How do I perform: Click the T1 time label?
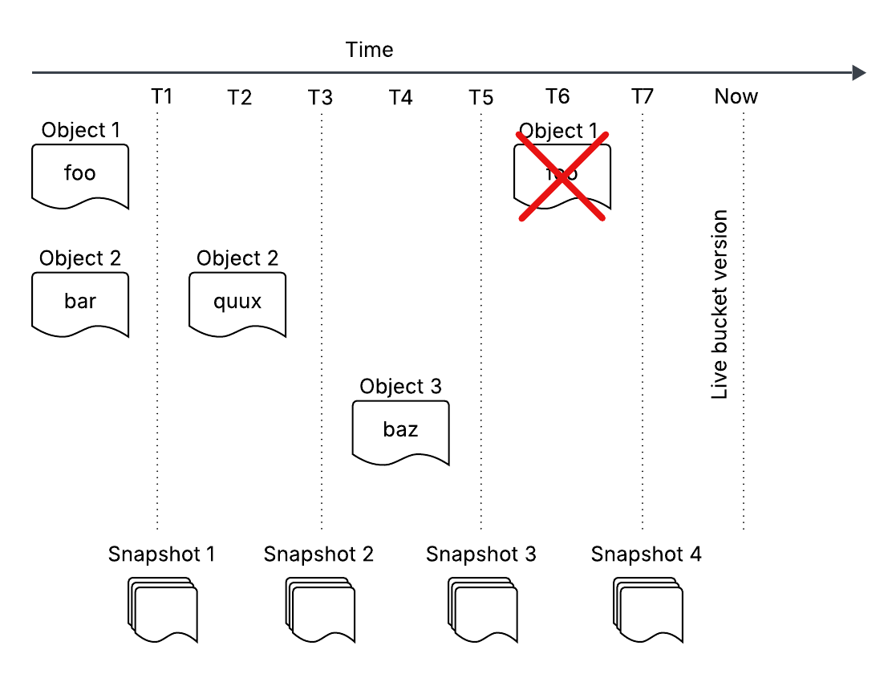[162, 97]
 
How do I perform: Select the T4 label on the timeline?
[400, 98]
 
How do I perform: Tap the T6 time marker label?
[557, 97]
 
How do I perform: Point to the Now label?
[736, 97]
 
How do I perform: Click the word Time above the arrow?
[369, 50]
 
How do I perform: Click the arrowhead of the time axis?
[859, 73]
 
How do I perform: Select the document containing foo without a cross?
[80, 176]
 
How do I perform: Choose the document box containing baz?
[400, 432]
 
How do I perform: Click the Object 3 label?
[400, 387]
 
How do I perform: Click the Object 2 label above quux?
[237, 258]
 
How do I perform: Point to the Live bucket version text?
[720, 305]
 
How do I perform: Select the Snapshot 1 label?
[162, 554]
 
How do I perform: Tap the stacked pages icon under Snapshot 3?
[481, 610]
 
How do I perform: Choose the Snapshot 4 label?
[646, 554]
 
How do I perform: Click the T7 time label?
[642, 97]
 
